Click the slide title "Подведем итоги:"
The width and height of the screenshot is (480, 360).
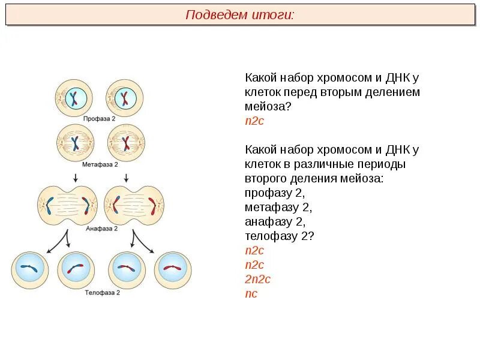point(240,15)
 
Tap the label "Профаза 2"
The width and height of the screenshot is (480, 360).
point(99,119)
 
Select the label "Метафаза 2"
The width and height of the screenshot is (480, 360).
point(100,163)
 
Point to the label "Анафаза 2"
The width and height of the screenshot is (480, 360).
point(101,228)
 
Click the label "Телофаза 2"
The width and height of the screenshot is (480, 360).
point(102,293)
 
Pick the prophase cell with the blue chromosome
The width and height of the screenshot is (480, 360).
point(74,98)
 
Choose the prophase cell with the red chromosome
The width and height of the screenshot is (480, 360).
point(125,98)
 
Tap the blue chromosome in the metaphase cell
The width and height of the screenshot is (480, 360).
point(76,143)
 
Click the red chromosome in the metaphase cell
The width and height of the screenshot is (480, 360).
point(126,143)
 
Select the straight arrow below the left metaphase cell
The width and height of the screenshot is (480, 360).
point(76,177)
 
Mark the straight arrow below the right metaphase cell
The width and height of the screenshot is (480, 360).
point(126,177)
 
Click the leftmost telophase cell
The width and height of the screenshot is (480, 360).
point(29,269)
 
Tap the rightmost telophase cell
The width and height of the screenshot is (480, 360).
point(173,269)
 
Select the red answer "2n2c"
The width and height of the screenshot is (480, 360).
point(257,280)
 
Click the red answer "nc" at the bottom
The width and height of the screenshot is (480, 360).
point(251,294)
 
